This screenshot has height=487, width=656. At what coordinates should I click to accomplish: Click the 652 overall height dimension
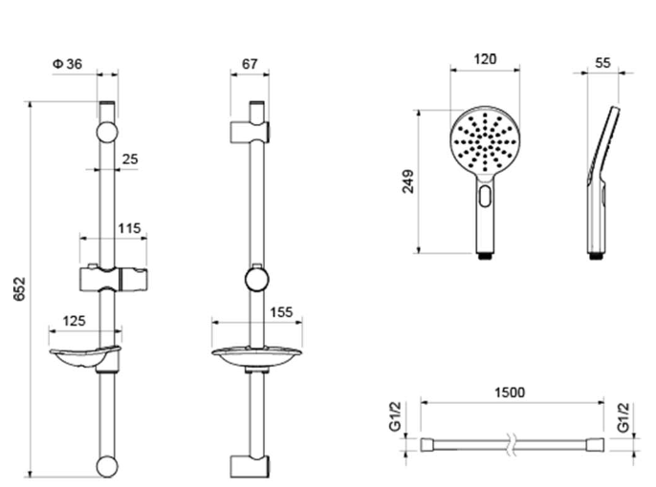pos(20,288)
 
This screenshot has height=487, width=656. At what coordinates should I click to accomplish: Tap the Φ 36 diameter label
pos(67,64)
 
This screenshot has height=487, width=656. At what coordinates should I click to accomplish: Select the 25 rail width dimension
pos(130,159)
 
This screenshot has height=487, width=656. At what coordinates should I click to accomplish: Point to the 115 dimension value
pos(129,228)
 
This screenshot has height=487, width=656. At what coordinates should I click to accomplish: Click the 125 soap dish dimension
pos(74,321)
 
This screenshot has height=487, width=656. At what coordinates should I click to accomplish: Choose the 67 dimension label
pos(250,64)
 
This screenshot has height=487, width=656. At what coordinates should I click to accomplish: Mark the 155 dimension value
pos(281,312)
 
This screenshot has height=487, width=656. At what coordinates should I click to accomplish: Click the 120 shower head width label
pos(486,59)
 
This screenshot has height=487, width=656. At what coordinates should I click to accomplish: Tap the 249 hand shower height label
pos(408,181)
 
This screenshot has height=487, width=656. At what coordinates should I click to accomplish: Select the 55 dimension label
pos(602,63)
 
